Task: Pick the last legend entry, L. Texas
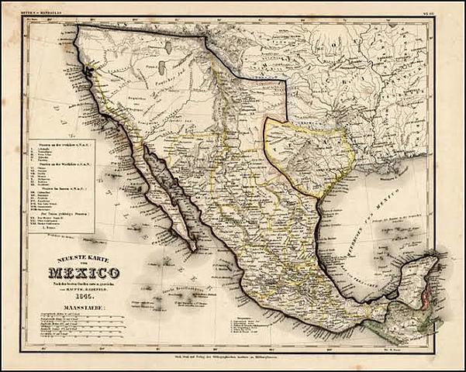[x=62, y=228]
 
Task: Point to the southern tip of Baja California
[x=191, y=249]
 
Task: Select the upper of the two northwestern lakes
[x=168, y=48]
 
